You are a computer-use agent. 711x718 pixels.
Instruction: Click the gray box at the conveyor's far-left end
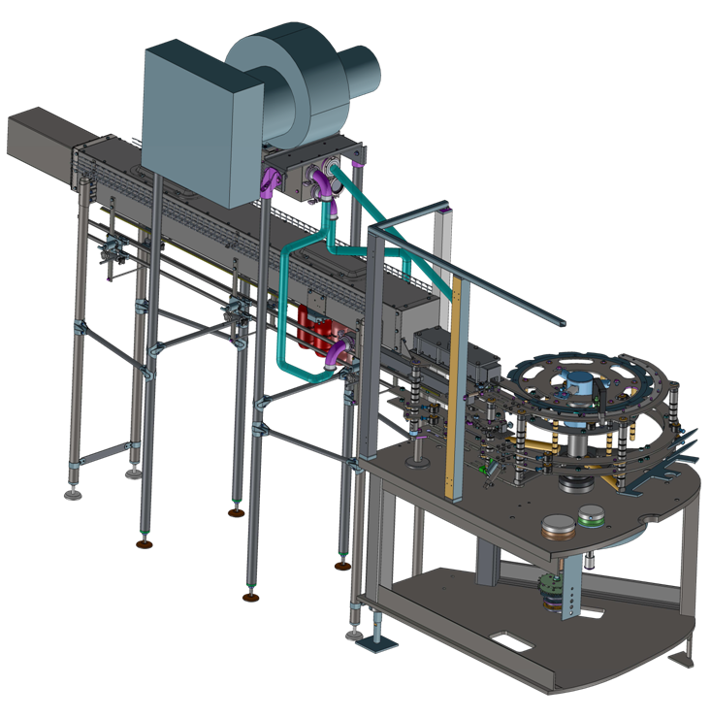click(x=39, y=141)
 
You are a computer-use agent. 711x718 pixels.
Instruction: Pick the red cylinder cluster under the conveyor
click(x=315, y=330)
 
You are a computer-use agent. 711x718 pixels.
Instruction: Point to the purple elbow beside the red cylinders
click(x=340, y=351)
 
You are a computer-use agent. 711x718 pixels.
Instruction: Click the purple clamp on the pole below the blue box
click(x=271, y=182)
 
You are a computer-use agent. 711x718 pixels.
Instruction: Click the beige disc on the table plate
click(x=558, y=526)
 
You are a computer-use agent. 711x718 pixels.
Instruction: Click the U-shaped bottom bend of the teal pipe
click(x=291, y=364)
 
